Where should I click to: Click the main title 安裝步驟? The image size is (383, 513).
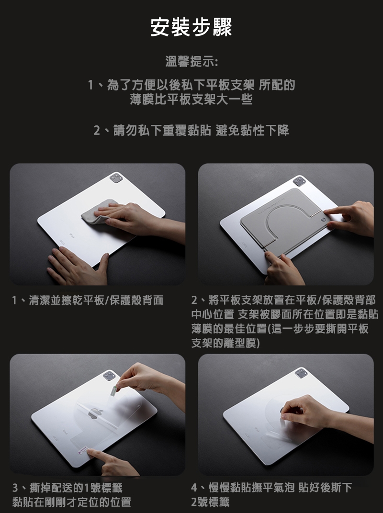tap(191, 27)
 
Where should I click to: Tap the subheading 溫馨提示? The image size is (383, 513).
tap(191, 61)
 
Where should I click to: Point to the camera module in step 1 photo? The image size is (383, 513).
tap(116, 178)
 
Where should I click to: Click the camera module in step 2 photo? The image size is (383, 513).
tap(299, 180)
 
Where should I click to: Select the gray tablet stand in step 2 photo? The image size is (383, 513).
tap(282, 221)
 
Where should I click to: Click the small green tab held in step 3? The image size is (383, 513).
tap(113, 390)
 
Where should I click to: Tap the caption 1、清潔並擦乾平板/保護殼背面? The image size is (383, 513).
tap(88, 300)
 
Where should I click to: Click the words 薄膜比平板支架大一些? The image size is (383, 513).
tap(191, 99)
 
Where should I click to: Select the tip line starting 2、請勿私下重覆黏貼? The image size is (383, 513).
tap(191, 130)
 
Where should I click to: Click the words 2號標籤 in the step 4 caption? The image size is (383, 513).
tap(210, 502)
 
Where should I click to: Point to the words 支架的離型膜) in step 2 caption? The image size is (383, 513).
tap(225, 343)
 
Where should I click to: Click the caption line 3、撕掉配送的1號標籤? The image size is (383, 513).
tap(68, 488)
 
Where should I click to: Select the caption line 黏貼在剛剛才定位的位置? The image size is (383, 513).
tap(72, 502)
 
